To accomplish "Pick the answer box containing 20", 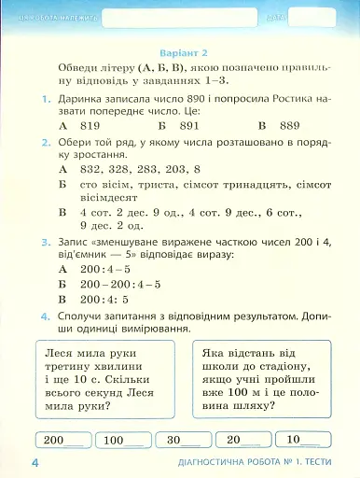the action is (x=243, y=440).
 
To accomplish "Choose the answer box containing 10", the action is (x=304, y=440).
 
